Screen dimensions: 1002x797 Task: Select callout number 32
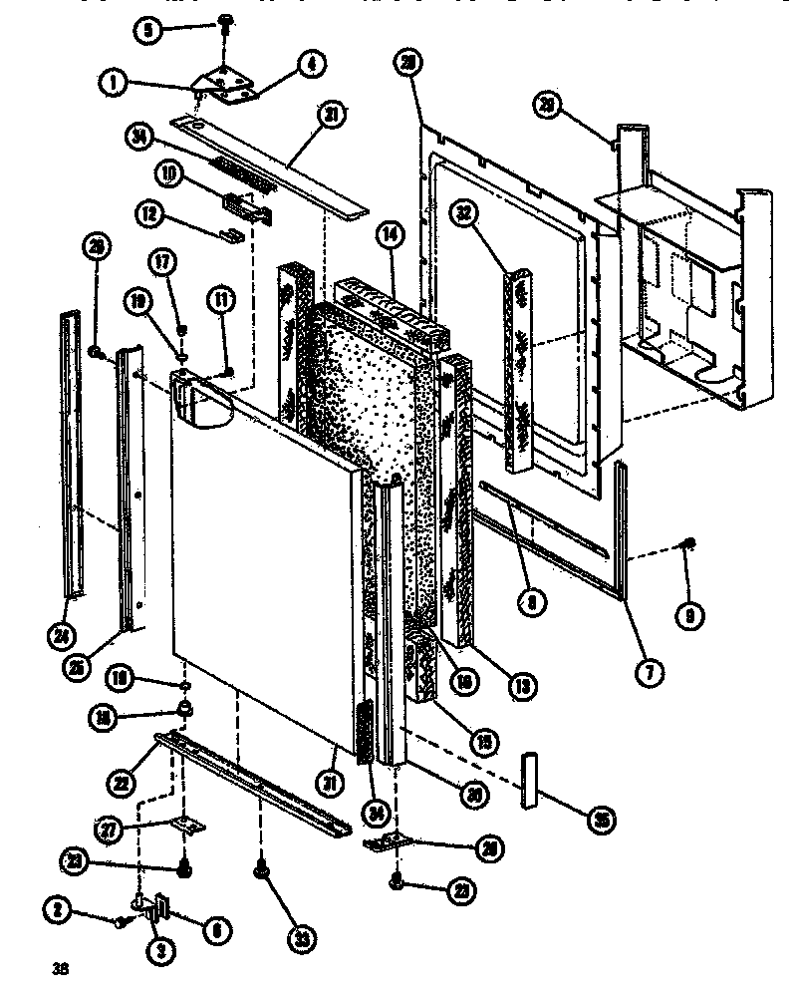pos(464,212)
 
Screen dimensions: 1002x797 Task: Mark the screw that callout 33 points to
pos(262,870)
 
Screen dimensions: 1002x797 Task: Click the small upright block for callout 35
pos(528,781)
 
